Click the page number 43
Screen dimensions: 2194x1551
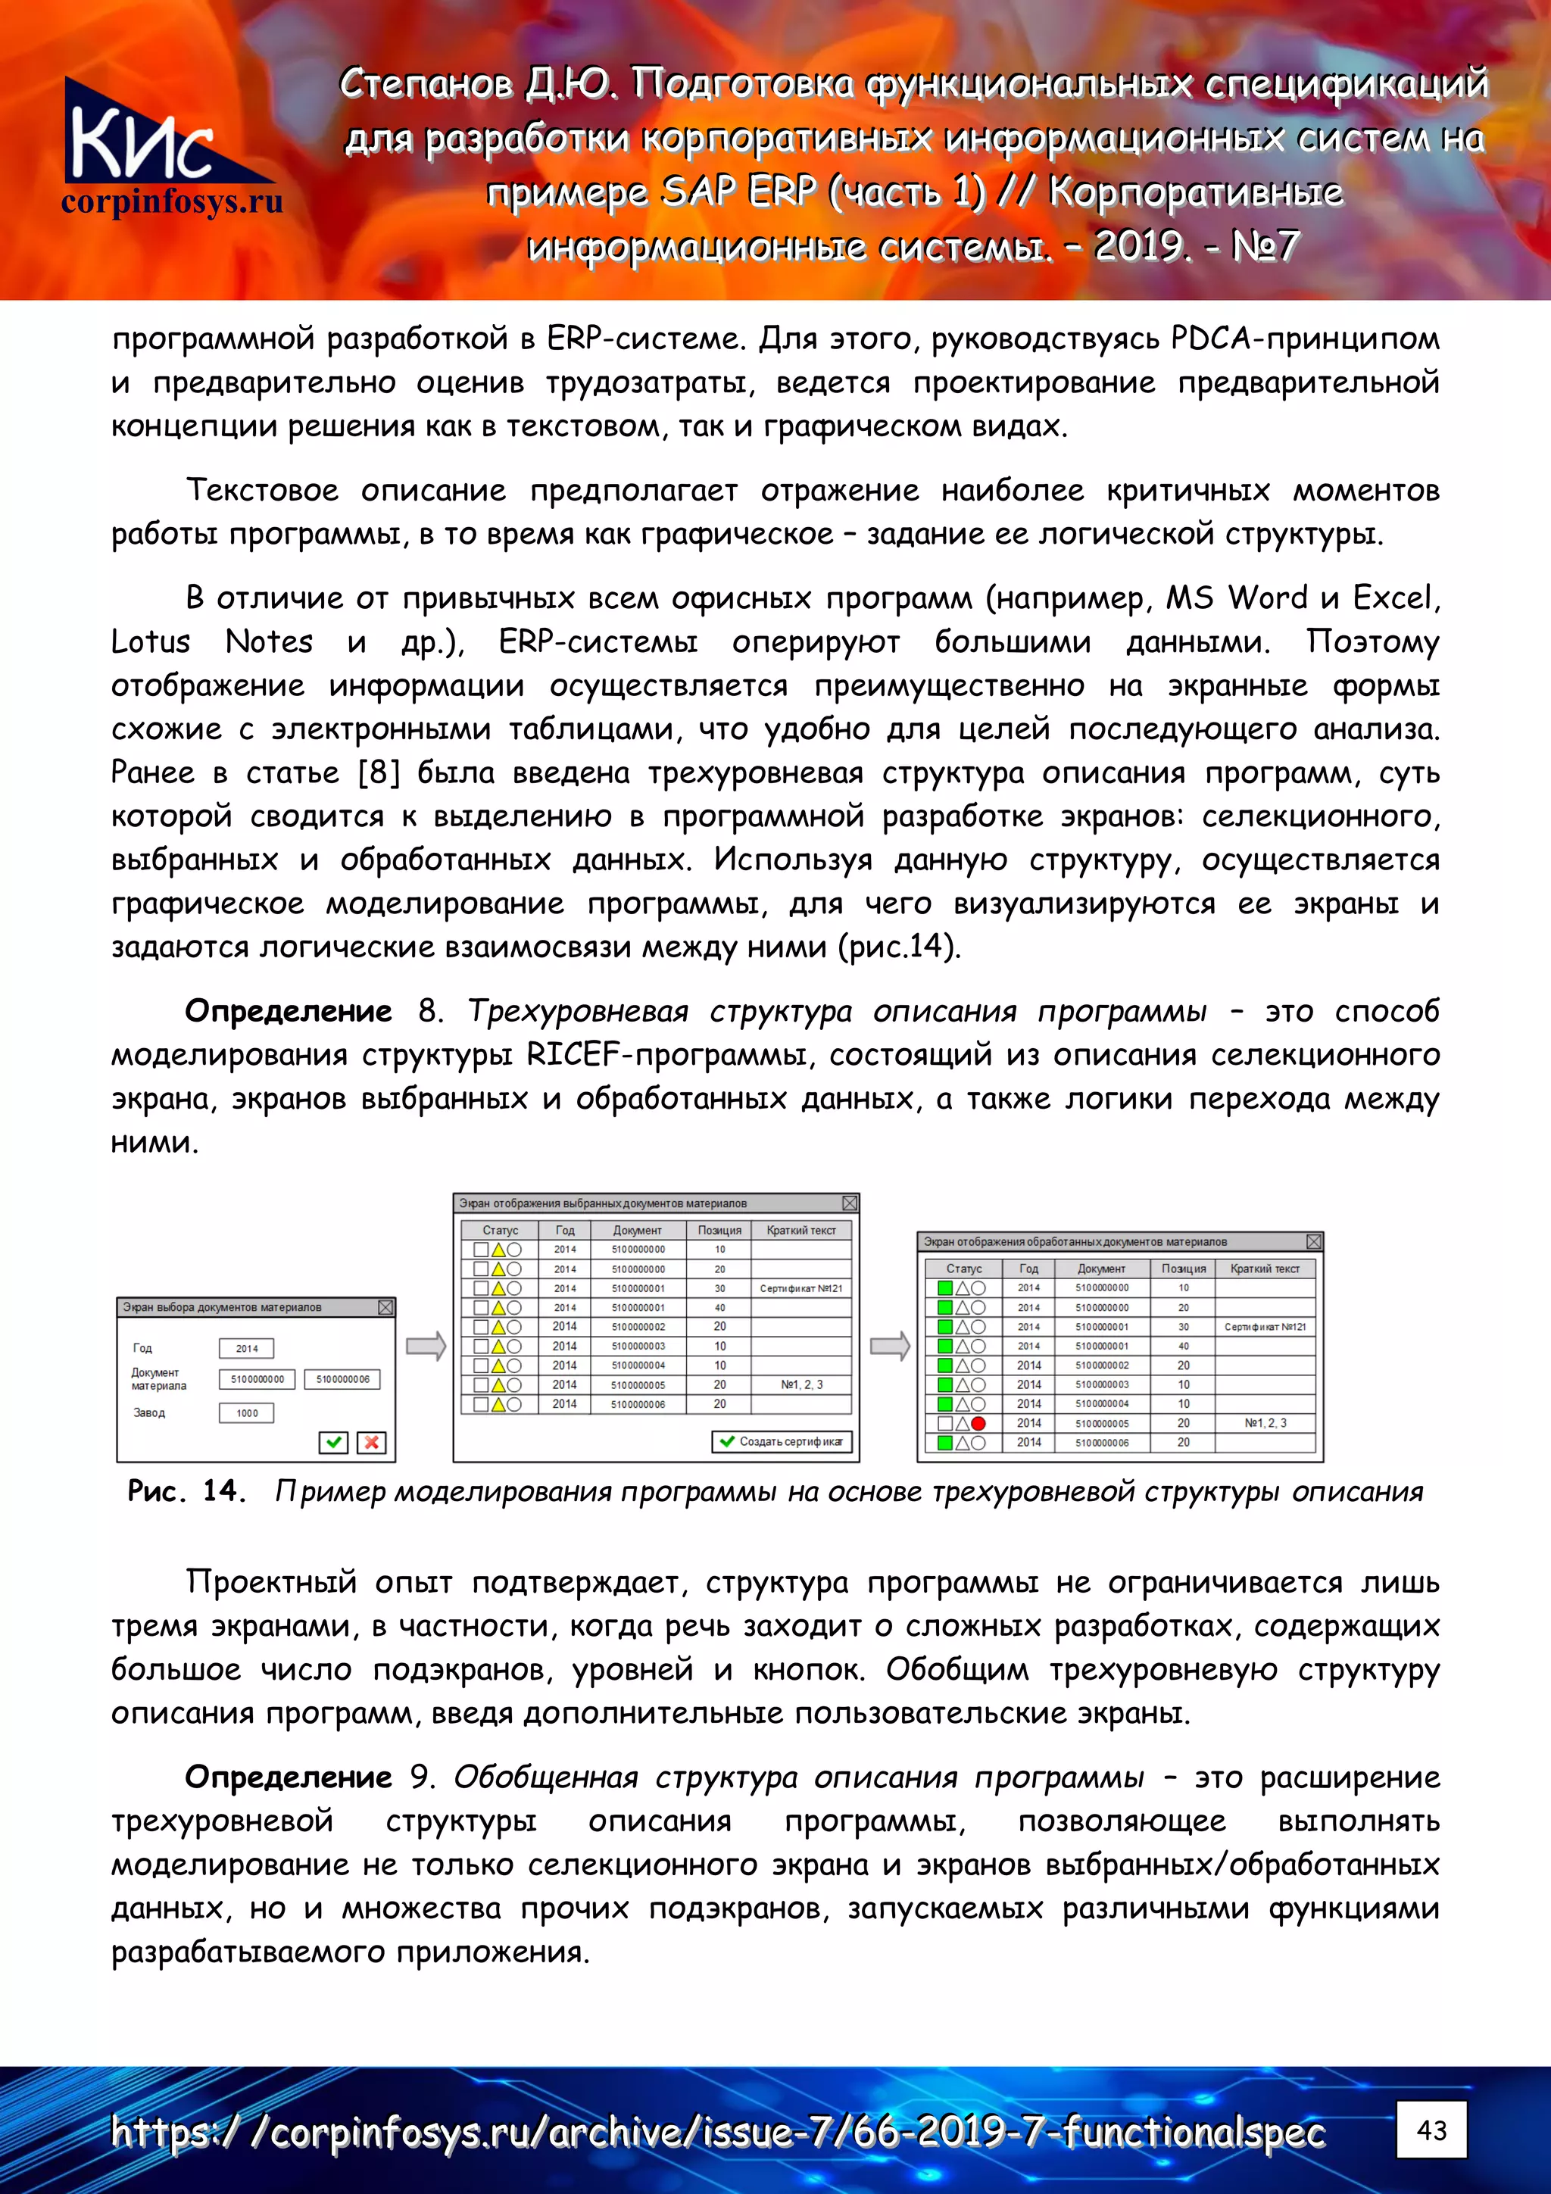coord(1431,2130)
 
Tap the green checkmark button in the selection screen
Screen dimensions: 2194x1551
coord(332,1442)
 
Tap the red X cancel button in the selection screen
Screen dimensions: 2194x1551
coord(371,1442)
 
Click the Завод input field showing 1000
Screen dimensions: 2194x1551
coord(247,1412)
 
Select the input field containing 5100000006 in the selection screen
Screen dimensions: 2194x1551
coord(342,1379)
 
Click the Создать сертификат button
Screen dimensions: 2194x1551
coord(781,1441)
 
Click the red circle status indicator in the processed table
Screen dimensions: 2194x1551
coord(978,1423)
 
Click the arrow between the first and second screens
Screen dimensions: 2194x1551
coord(426,1347)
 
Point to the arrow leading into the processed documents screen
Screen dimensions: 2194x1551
coord(890,1347)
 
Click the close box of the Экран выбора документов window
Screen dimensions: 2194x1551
coord(385,1307)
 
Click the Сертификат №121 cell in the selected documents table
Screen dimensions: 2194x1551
coord(800,1288)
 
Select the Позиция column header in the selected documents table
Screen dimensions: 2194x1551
coord(719,1230)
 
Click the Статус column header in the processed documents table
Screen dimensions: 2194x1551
coord(963,1268)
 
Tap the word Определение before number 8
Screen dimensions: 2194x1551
coord(288,1011)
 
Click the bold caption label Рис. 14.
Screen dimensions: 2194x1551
coord(186,1492)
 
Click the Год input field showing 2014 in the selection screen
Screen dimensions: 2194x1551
coord(247,1348)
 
